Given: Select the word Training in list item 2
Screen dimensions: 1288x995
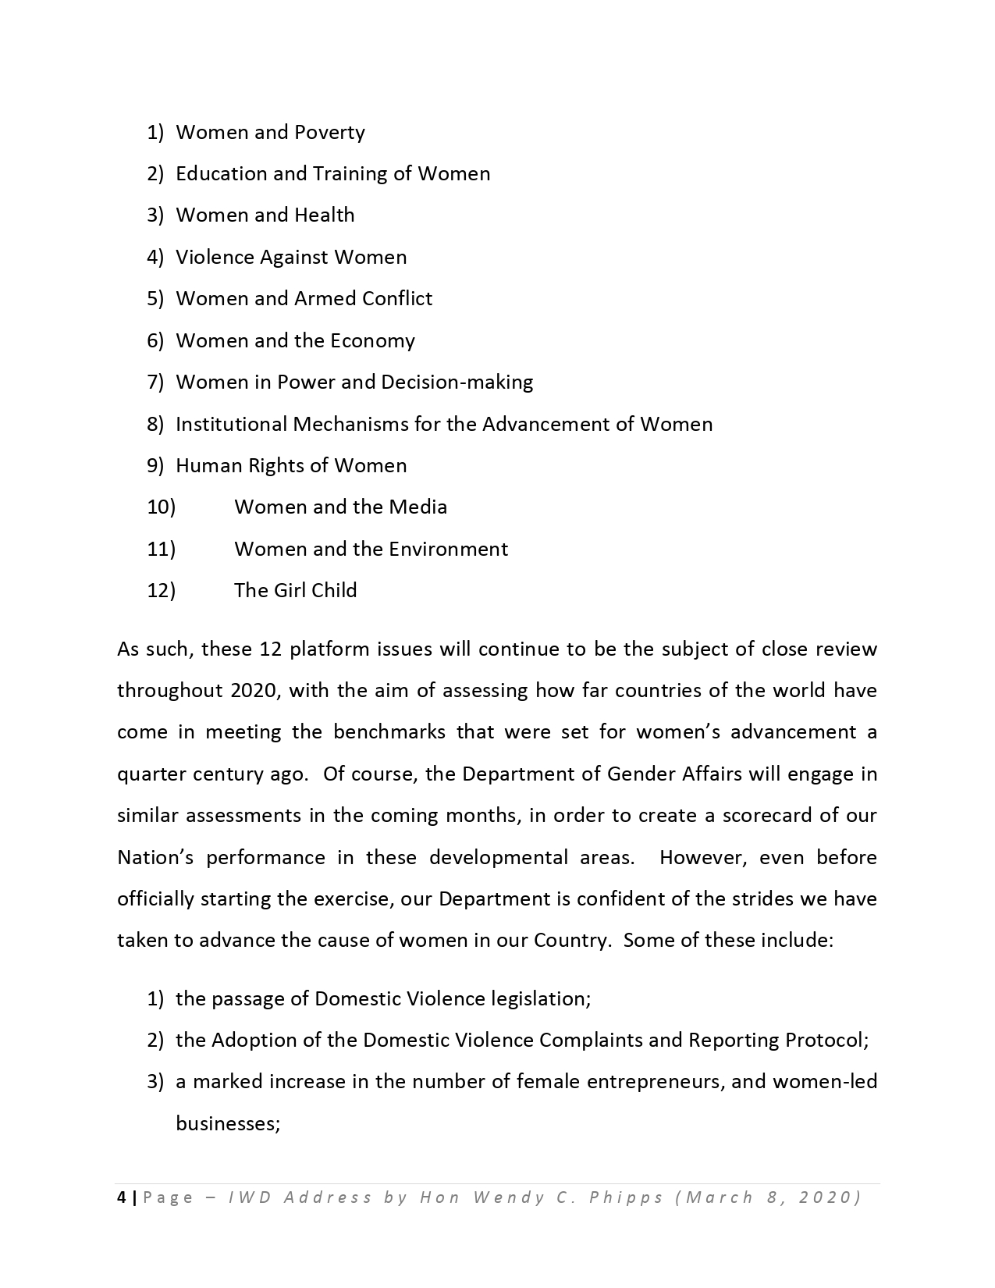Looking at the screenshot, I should click(350, 174).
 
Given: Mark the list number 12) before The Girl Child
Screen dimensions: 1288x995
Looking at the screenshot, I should click(161, 590).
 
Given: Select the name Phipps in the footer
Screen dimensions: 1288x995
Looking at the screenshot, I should click(626, 1197).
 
